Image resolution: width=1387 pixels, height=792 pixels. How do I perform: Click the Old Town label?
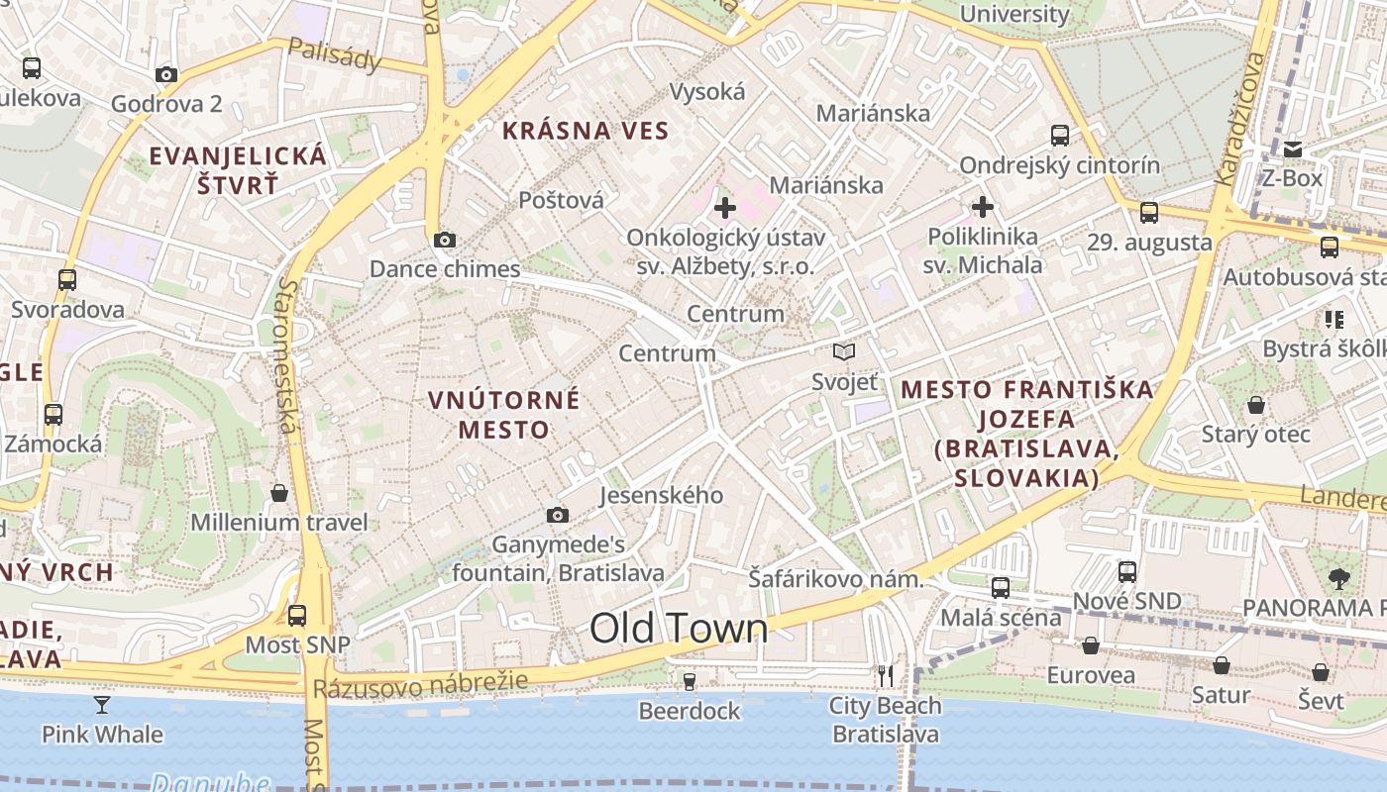click(x=679, y=628)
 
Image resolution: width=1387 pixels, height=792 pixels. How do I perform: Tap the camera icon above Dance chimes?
click(x=445, y=240)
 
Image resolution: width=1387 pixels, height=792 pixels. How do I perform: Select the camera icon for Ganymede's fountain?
click(x=558, y=515)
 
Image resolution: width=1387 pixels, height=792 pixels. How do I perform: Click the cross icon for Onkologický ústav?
click(x=725, y=208)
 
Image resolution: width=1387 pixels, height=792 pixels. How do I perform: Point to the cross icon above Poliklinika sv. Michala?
click(x=983, y=207)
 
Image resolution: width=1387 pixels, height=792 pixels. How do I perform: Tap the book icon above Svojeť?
click(x=844, y=351)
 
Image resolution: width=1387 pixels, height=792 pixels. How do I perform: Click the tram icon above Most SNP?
click(x=297, y=616)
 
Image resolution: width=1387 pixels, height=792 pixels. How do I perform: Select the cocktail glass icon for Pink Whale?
click(x=102, y=705)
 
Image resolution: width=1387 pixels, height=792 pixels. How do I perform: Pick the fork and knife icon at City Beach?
click(x=886, y=676)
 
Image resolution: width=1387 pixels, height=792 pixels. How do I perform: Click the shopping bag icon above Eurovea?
click(x=1091, y=646)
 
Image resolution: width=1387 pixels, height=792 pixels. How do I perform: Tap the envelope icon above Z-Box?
click(x=1293, y=149)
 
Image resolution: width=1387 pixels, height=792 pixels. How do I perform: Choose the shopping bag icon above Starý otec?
click(x=1256, y=405)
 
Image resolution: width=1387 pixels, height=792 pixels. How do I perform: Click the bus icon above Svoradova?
click(x=67, y=280)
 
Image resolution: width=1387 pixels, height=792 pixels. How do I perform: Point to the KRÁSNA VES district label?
click(x=586, y=130)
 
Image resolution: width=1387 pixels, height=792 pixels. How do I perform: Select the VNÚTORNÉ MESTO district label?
click(x=504, y=415)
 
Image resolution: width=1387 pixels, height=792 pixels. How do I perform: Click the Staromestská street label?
click(x=287, y=354)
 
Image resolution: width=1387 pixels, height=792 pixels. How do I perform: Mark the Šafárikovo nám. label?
click(x=835, y=579)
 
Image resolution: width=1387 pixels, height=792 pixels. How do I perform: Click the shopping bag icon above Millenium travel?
click(x=279, y=493)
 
